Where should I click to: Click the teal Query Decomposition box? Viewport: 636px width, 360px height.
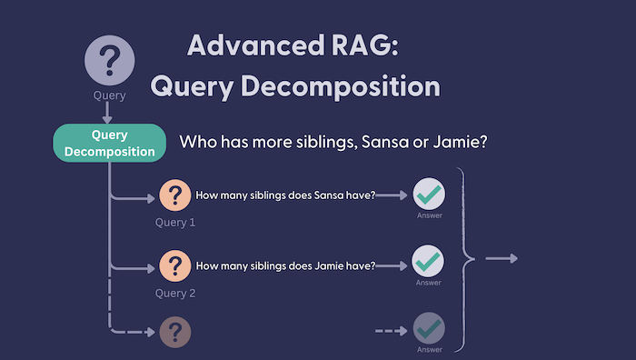(x=110, y=143)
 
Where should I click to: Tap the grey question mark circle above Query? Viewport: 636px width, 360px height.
(x=109, y=60)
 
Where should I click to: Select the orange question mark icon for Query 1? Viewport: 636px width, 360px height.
(x=174, y=195)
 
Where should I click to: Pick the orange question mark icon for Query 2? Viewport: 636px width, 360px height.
(x=174, y=265)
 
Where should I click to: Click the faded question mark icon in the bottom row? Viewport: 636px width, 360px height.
(x=174, y=331)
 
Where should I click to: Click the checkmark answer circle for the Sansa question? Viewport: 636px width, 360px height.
(x=428, y=195)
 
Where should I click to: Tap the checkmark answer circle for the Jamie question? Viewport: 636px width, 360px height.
(x=428, y=261)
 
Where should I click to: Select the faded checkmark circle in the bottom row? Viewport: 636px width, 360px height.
(x=428, y=328)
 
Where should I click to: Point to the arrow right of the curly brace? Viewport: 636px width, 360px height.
(x=501, y=259)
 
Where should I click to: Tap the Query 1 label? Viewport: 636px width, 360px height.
(x=175, y=222)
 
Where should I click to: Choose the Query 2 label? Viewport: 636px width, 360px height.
(x=175, y=293)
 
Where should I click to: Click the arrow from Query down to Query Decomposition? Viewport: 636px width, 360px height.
(x=108, y=113)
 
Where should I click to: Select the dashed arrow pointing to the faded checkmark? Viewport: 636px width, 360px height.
(x=392, y=330)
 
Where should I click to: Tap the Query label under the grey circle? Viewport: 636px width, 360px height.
(x=109, y=95)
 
